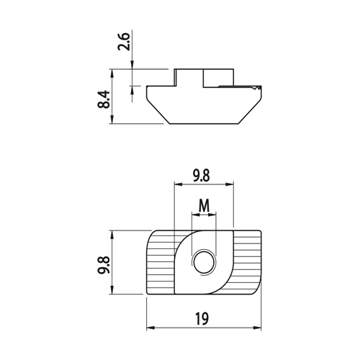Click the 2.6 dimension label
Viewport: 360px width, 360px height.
point(124,42)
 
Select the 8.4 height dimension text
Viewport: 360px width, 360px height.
point(104,99)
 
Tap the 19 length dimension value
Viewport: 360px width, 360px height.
point(202,319)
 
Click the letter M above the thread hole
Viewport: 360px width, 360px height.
point(204,206)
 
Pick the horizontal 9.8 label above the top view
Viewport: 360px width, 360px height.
point(201,176)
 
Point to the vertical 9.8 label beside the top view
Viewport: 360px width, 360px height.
point(104,265)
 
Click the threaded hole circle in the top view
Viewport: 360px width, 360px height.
point(204,264)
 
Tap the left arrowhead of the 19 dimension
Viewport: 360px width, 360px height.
point(150,328)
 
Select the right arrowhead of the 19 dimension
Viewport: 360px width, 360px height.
point(258,328)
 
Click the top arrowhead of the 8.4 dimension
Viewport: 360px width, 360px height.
point(112,73)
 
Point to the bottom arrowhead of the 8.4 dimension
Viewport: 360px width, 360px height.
point(112,120)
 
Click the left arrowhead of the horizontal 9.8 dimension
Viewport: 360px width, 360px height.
point(178,184)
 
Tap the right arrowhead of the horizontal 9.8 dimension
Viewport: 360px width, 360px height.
point(230,184)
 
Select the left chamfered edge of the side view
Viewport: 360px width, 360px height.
point(158,111)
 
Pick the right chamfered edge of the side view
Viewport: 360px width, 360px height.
point(250,111)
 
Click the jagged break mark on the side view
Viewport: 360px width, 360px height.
point(256,88)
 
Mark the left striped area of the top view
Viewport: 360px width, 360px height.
point(161,263)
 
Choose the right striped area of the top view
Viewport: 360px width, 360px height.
point(247,262)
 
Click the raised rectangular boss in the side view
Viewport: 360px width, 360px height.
point(204,78)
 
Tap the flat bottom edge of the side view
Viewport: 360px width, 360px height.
point(204,124)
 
